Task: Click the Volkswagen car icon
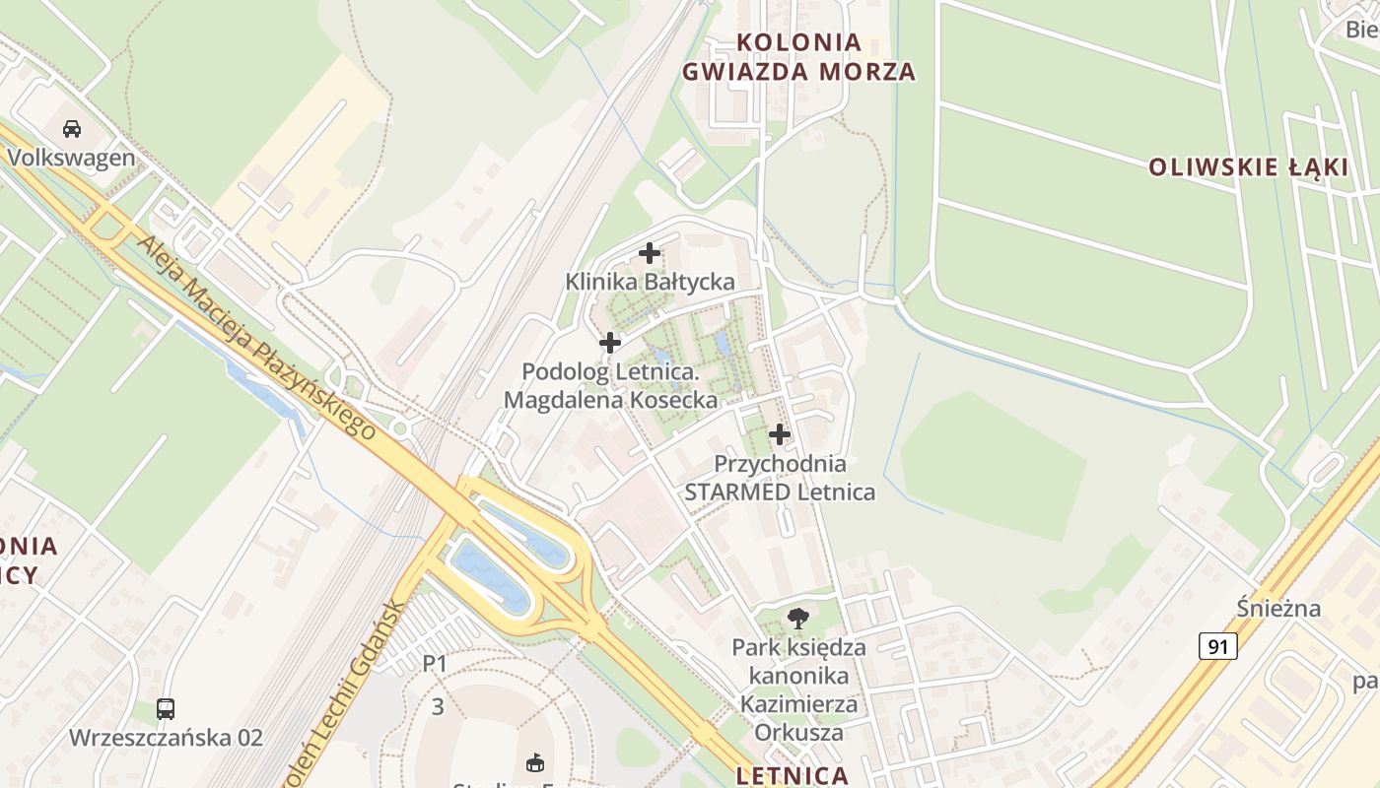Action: (x=72, y=128)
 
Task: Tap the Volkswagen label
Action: (x=71, y=158)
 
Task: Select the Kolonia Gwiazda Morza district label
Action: (x=798, y=57)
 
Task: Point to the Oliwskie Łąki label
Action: (x=1248, y=167)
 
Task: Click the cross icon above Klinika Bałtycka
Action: (x=650, y=253)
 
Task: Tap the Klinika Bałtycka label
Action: (x=650, y=282)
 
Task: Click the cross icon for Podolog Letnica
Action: (x=610, y=343)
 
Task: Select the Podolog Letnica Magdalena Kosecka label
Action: (x=610, y=386)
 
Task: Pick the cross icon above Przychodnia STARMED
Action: (x=780, y=433)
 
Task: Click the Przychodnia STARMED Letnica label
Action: (x=780, y=477)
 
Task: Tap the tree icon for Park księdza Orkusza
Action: (x=798, y=619)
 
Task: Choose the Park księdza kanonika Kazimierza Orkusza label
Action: (x=798, y=689)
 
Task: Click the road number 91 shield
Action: (x=1218, y=646)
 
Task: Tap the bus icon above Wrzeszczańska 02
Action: (x=166, y=708)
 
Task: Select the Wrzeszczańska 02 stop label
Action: (x=166, y=737)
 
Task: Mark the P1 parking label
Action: (x=435, y=664)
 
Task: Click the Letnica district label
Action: (x=792, y=774)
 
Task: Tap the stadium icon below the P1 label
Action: (x=536, y=762)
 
